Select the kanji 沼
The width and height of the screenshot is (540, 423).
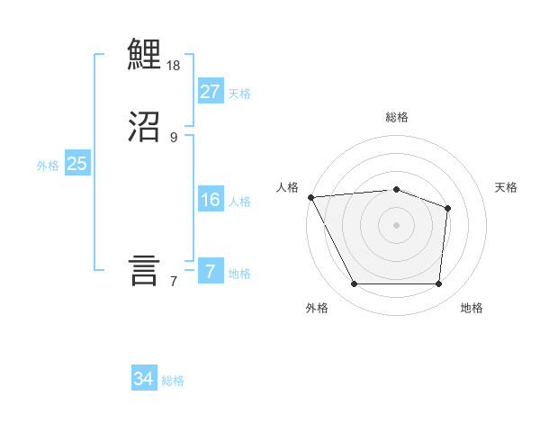pos(145,127)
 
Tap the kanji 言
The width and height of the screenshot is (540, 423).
pos(145,270)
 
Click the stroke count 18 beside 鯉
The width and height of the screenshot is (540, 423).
pos(174,66)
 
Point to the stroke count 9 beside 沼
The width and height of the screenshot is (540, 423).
pos(174,137)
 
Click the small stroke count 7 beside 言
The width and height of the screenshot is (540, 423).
pos(174,282)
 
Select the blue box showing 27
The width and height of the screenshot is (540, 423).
pos(210,91)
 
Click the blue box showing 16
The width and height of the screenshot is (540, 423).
pos(210,200)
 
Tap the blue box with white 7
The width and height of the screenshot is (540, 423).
pos(210,271)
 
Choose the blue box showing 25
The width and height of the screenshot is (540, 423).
pos(76,164)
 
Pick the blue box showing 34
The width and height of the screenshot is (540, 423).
pos(144,379)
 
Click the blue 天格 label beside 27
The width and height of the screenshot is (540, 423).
pos(239,93)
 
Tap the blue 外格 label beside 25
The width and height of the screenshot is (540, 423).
pos(48,166)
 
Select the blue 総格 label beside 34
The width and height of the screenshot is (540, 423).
pos(173,381)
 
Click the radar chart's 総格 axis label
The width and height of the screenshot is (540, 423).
pos(397,117)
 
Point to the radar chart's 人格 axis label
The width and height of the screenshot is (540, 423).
pos(288,187)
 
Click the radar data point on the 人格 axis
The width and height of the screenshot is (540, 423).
pos(310,197)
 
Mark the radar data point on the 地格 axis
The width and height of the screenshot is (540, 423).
pos(438,284)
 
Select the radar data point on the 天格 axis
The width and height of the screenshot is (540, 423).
pos(447,209)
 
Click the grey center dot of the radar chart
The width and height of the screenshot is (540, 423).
pos(396,225)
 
